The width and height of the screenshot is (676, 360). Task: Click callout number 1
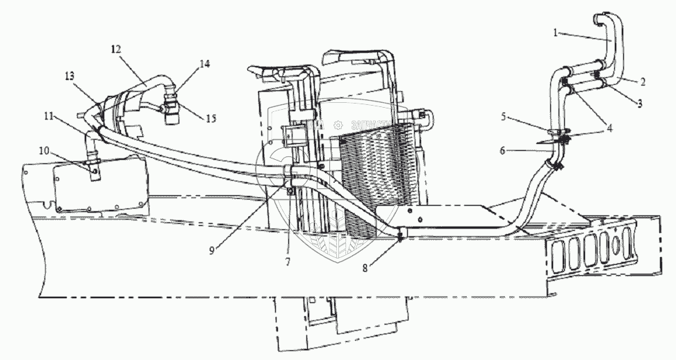(x=557, y=33)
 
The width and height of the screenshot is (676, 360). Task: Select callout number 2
(x=643, y=81)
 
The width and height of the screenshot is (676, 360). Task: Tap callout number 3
(x=639, y=101)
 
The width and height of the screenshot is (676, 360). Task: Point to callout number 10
(x=44, y=149)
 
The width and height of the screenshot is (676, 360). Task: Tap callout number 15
(x=210, y=119)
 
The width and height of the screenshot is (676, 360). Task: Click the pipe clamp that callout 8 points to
(x=401, y=237)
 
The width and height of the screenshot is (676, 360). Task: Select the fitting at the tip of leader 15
(x=172, y=108)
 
